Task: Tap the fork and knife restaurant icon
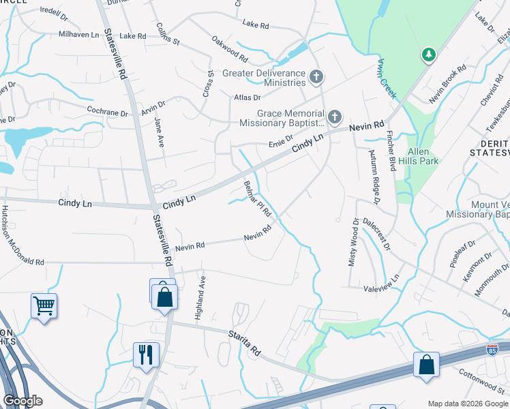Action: (146, 354)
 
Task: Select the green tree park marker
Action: (428, 54)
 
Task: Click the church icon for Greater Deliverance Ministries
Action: (315, 77)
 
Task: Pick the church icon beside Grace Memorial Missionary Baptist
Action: (333, 117)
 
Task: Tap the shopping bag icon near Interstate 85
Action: (426, 364)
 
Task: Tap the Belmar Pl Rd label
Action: (258, 198)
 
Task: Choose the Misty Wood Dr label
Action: (354, 242)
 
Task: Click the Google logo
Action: (23, 401)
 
